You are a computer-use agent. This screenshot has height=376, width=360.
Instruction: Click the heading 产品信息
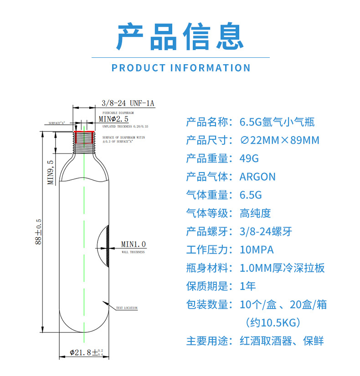coord(180,36)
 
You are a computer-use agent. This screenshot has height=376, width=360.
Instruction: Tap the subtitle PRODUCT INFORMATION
coord(181,68)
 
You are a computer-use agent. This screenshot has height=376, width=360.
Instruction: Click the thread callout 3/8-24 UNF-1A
coord(129,103)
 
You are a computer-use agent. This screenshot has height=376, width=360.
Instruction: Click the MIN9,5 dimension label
coord(51,172)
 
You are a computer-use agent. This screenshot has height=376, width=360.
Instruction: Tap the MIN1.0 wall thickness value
coord(133,244)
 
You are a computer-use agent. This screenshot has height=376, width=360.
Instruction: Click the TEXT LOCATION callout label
coord(127,308)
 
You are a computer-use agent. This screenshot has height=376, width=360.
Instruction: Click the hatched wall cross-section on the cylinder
coord(108,246)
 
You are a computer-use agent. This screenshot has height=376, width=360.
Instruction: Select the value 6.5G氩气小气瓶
coord(277,122)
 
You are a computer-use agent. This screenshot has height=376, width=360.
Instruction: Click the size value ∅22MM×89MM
coord(279,140)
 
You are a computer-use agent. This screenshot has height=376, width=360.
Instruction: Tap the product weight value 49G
coord(249,158)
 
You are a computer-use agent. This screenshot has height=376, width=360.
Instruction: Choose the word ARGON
coord(257,177)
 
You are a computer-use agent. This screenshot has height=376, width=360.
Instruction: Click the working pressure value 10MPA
coord(257,249)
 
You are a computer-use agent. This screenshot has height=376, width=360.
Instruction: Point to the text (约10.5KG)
coord(273,322)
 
